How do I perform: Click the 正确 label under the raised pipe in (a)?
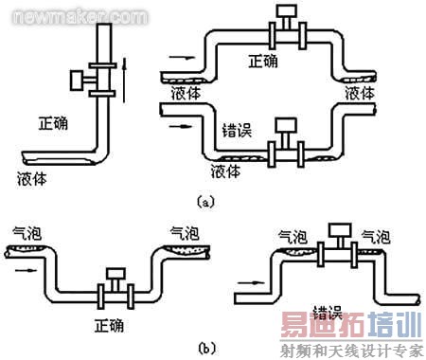[263, 63]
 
